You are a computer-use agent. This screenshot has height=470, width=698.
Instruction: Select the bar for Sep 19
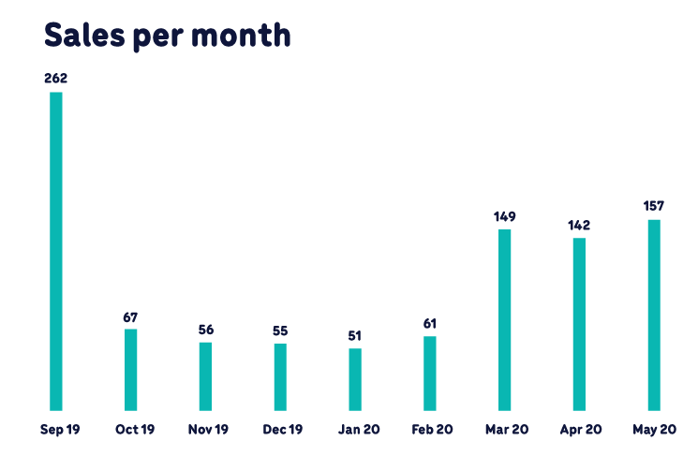pos(55,251)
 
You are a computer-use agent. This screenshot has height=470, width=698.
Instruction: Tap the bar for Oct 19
pos(130,370)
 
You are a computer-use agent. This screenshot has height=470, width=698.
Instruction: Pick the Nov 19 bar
pos(205,376)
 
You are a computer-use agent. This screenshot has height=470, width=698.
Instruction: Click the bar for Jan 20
pos(355,379)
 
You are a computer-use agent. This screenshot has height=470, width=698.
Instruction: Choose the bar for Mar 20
pos(505,319)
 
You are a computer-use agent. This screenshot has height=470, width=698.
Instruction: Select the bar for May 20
pos(654,315)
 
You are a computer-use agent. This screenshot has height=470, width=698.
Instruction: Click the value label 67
pos(130,316)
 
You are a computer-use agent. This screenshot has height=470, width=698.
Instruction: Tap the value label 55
pos(280,331)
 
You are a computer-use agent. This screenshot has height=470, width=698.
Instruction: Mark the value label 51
pos(355,336)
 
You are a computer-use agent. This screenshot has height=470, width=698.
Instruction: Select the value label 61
pos(430,324)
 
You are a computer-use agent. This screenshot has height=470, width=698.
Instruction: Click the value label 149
pos(505,217)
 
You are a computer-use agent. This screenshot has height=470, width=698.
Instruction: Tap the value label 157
pos(654,208)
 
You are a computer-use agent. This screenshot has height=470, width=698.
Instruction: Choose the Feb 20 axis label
pos(432,430)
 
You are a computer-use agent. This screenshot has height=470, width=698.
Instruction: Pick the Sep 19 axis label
pos(57,430)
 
